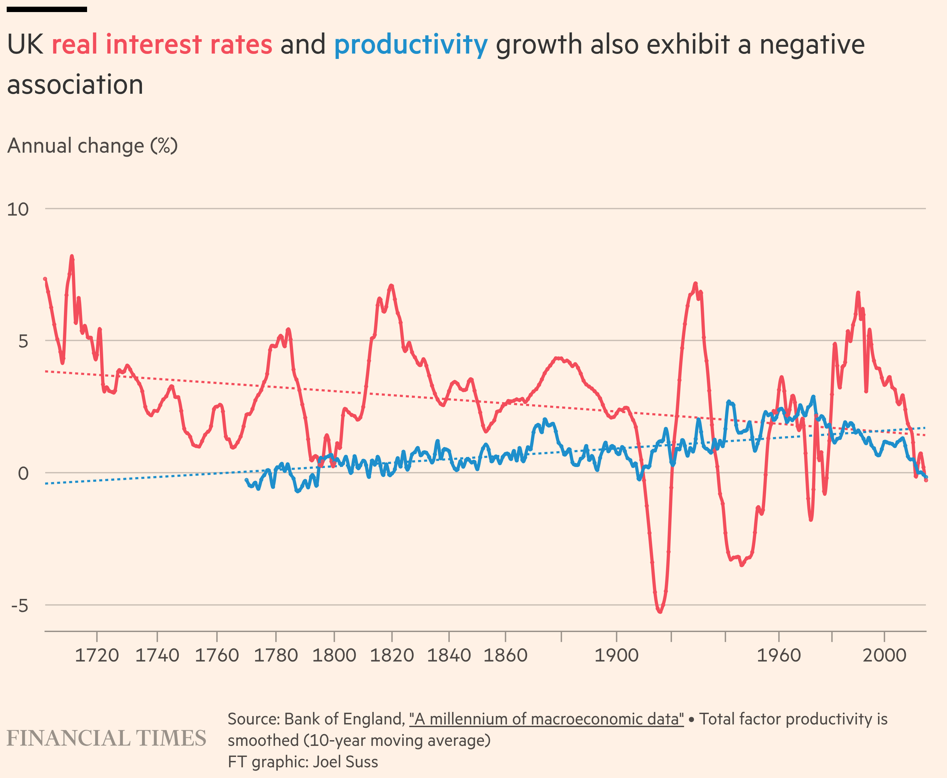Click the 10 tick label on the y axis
click(18, 209)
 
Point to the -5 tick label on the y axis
click(20, 606)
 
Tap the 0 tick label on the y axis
click(23, 473)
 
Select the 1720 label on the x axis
click(96, 655)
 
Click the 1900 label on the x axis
click(616, 655)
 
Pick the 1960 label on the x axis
click(779, 655)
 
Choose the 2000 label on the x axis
click(884, 655)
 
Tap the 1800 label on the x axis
click(334, 655)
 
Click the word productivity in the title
click(411, 45)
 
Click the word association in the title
click(75, 85)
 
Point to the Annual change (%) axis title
click(92, 146)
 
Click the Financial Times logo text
click(106, 738)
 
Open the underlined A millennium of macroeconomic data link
click(546, 719)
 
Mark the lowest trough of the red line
click(660, 611)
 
